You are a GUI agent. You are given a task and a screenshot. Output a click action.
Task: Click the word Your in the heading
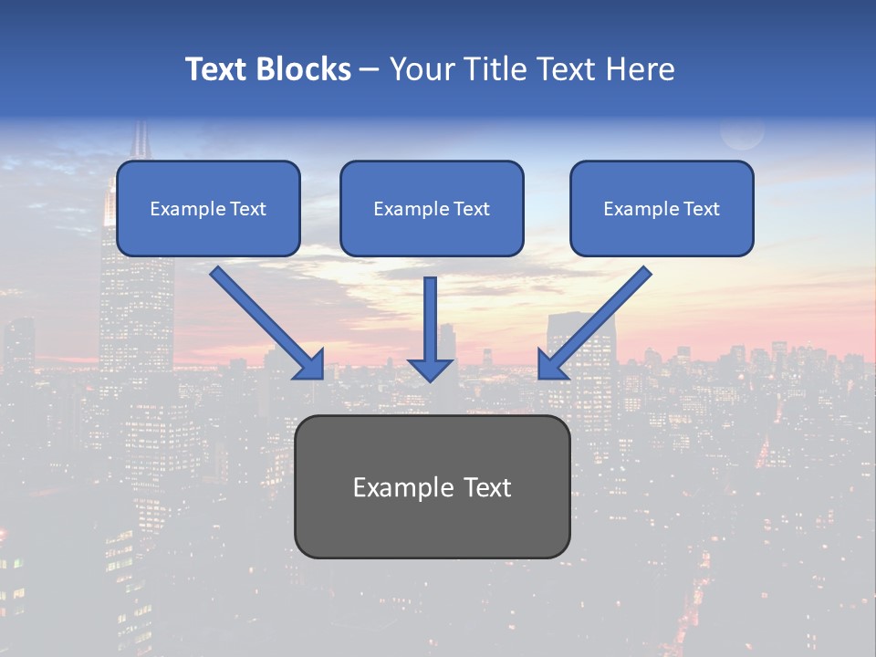pos(422,69)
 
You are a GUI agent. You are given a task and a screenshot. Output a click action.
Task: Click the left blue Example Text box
pos(208,209)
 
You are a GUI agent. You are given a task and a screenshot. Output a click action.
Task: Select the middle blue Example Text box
pos(432,209)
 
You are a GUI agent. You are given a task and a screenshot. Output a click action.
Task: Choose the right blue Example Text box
pos(662,209)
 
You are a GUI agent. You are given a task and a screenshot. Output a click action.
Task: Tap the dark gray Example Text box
pos(432,486)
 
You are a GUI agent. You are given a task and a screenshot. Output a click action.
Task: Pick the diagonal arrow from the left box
pos(260,315)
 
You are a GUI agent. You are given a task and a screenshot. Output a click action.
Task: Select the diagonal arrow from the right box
pos(602,315)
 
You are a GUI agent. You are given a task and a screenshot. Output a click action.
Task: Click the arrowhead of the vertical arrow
pos(431,369)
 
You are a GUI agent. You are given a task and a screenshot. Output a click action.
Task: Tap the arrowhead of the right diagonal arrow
pos(551,365)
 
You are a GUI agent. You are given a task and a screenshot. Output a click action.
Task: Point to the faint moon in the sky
pos(742,132)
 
